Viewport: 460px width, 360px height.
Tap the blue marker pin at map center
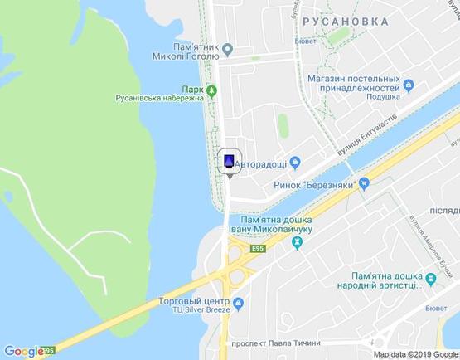pyautogui.click(x=229, y=160)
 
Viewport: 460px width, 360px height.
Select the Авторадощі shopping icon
pyautogui.click(x=296, y=163)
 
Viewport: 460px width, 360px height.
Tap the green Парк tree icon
pyautogui.click(x=211, y=90)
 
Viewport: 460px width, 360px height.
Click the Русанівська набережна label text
pyautogui.click(x=158, y=97)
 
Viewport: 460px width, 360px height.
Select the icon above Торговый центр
pyautogui.click(x=239, y=304)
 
